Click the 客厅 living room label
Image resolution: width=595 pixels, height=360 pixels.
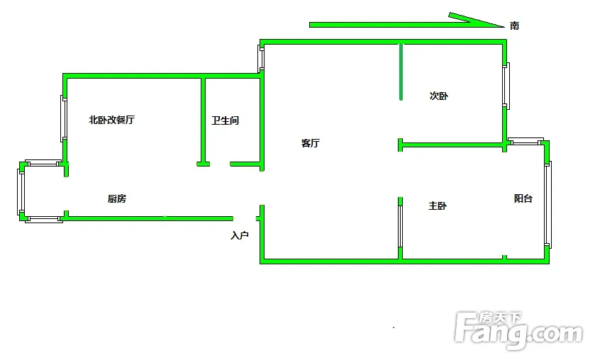(x=311, y=143)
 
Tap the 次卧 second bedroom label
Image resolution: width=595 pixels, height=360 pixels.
(x=439, y=96)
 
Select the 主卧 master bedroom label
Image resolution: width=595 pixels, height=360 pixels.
(x=438, y=206)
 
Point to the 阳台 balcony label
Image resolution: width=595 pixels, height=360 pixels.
(x=523, y=199)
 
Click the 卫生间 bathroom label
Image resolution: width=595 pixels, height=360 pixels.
(x=225, y=120)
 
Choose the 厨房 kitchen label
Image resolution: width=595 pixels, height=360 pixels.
(x=117, y=199)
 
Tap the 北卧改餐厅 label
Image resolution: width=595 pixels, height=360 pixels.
(x=111, y=120)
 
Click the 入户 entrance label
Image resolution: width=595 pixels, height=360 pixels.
(x=240, y=235)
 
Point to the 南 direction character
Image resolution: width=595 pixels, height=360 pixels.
(x=514, y=26)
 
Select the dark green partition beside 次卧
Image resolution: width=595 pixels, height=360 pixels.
(x=401, y=72)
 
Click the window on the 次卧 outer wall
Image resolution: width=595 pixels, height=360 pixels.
(x=506, y=86)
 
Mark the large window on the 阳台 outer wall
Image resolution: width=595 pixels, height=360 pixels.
(x=547, y=203)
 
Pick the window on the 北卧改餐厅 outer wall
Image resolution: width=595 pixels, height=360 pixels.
(x=64, y=118)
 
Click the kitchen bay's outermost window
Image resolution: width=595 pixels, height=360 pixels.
(x=21, y=191)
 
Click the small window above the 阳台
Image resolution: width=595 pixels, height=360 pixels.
(x=526, y=141)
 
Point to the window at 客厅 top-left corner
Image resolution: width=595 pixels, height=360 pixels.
(x=261, y=59)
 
